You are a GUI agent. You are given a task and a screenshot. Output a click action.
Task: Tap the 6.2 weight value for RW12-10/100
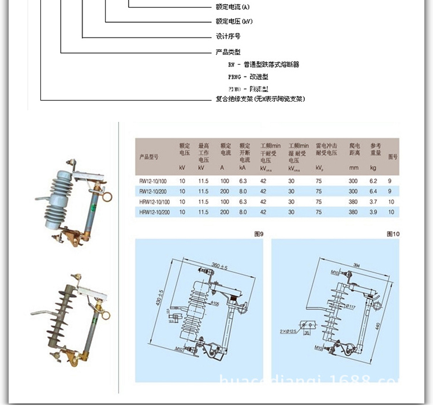[x=374, y=181]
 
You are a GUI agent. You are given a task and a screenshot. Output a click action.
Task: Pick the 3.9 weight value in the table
[x=374, y=212]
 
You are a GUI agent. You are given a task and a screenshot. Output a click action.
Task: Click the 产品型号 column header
[x=148, y=157]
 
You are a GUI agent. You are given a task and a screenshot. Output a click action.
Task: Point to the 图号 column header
[x=393, y=157]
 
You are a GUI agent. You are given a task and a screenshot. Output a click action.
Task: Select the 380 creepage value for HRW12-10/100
[x=353, y=202]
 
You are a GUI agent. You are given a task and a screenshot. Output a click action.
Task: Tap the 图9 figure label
[x=259, y=234]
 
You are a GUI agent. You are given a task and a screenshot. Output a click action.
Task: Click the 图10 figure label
[x=393, y=234]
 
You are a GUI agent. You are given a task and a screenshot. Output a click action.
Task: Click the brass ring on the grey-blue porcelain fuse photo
[x=107, y=197]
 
